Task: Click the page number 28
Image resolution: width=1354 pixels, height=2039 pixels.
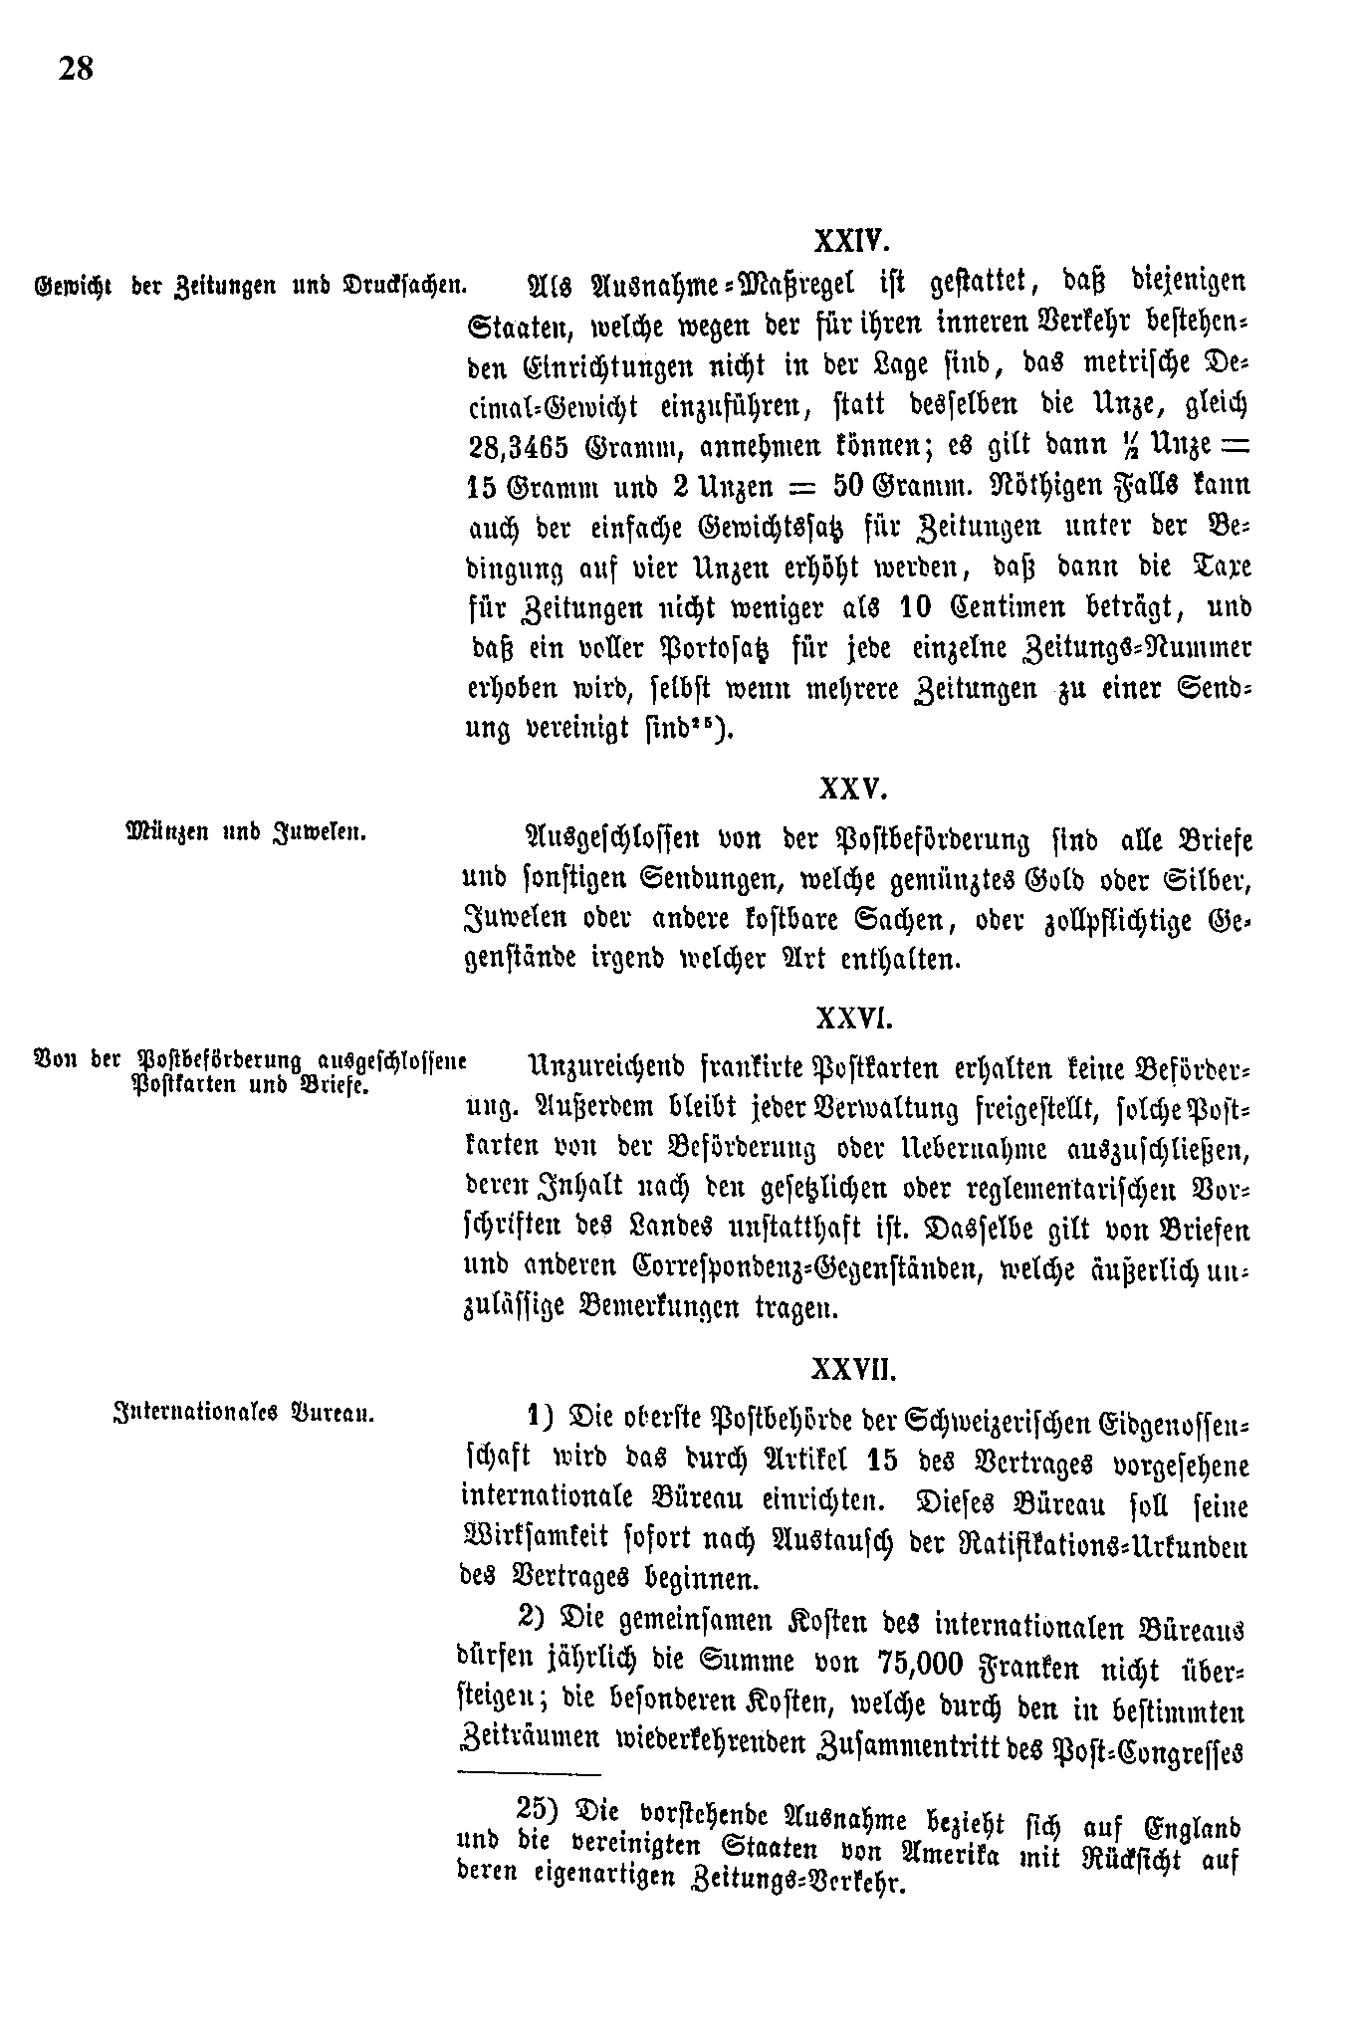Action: coord(76,69)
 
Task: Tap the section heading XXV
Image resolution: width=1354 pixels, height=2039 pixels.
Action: coord(851,790)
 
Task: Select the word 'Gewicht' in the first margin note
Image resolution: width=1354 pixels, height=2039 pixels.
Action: coord(73,287)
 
